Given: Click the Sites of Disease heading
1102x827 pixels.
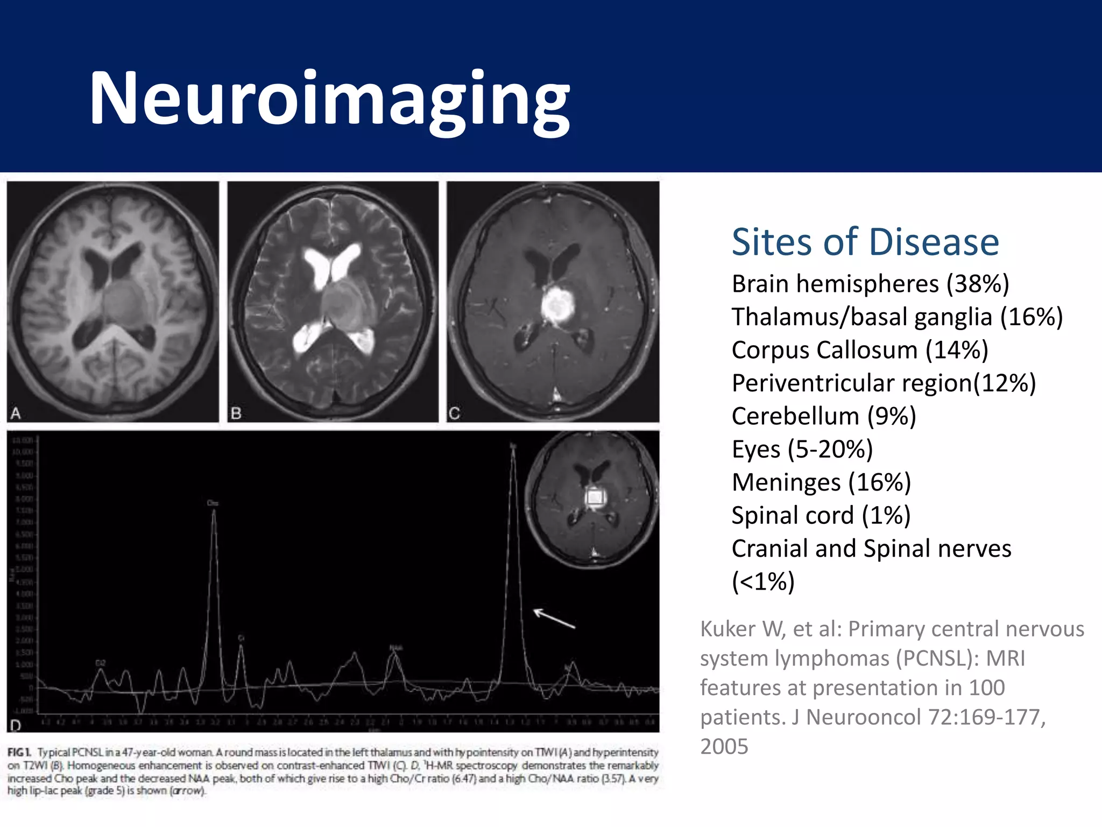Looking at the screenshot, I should (865, 242).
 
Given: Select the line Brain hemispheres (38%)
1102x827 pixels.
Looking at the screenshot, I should (870, 284).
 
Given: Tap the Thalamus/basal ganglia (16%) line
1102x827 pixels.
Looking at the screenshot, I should (897, 317).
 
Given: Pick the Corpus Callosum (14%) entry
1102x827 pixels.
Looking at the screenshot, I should (860, 350).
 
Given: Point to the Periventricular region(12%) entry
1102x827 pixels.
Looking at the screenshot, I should (884, 383).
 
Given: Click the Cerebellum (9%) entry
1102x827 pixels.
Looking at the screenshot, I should (823, 416).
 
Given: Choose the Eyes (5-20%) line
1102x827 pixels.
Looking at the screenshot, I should (802, 449).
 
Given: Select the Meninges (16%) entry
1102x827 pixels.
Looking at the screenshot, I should (821, 482).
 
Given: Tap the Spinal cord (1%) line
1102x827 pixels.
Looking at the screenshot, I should (821, 515).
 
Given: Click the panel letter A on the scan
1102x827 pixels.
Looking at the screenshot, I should (16, 413).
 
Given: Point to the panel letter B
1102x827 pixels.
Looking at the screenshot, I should (236, 413).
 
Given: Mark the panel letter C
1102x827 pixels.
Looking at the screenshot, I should (454, 413).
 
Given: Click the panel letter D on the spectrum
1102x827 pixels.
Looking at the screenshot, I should (16, 725).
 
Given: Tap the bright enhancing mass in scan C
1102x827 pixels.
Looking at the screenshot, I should (556, 305).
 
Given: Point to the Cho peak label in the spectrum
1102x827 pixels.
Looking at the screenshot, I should (213, 503).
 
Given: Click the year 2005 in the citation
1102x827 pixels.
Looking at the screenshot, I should (724, 747).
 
